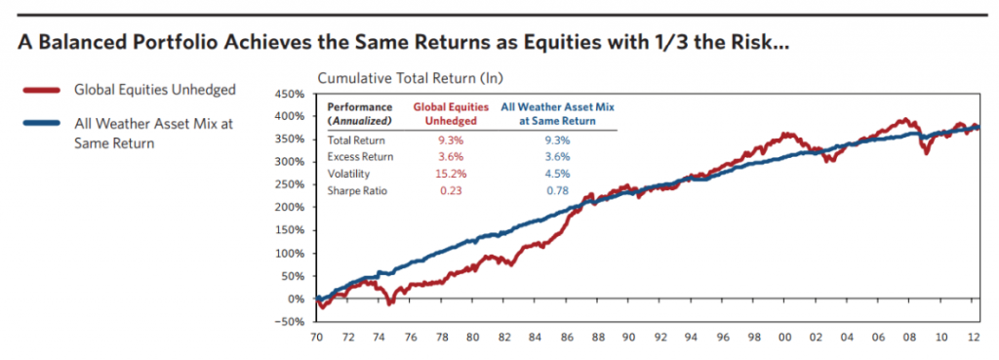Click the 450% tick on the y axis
290,95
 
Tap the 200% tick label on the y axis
290,208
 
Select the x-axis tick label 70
317,338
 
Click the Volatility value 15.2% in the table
446,173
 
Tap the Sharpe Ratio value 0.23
446,190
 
